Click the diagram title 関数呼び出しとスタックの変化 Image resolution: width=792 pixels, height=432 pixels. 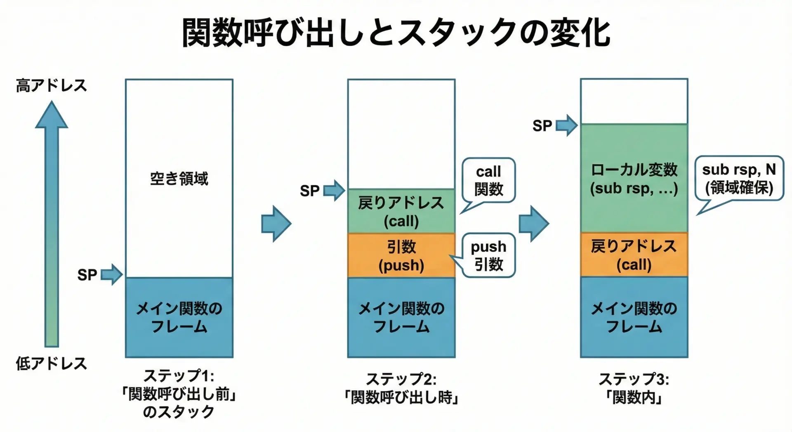tap(396, 32)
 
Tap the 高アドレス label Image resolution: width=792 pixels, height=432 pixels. tap(52, 85)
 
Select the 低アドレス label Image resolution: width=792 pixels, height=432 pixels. tap(52, 364)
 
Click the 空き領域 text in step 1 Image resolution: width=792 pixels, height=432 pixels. tap(179, 179)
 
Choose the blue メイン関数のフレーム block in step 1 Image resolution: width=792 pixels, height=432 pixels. tap(179, 317)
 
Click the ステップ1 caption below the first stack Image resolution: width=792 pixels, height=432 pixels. tap(179, 394)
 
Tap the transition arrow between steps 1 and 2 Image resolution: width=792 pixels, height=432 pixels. tap(276, 224)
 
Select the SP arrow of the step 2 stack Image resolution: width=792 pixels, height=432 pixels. tap(334, 191)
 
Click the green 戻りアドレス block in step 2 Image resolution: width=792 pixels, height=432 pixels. tap(401, 211)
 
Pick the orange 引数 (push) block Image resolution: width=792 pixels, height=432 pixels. tap(401, 255)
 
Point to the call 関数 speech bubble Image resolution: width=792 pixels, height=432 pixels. tap(489, 180)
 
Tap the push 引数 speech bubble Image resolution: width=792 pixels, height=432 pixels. tap(489, 255)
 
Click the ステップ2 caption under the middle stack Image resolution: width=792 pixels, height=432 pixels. tap(401, 388)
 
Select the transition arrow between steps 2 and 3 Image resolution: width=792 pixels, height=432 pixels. tap(534, 224)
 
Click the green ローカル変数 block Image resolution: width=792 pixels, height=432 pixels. tap(634, 178)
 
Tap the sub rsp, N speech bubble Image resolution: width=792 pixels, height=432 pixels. tap(739, 178)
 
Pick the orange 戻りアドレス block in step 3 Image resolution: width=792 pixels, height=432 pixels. tap(634, 255)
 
